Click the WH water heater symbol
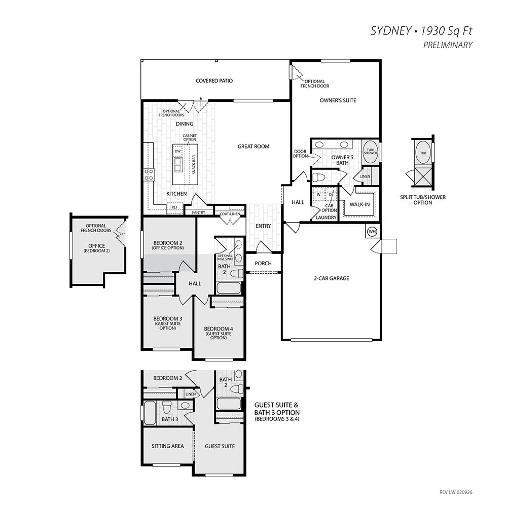point(372,232)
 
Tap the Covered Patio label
point(214,81)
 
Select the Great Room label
point(253,147)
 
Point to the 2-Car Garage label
point(332,278)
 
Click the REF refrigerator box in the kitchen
point(174,207)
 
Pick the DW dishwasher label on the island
point(177,151)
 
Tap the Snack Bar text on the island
point(194,165)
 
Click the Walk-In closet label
point(359,204)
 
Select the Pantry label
point(199,212)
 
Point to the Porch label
point(263,263)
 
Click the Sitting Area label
point(167,446)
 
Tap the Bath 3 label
point(170,419)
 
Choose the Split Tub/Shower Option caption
point(423,200)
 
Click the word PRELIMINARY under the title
point(448,45)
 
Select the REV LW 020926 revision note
point(456,492)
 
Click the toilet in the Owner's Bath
point(319,177)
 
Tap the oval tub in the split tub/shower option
point(423,153)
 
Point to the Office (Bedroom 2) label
point(96,248)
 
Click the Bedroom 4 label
point(219,333)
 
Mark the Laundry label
point(325,218)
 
